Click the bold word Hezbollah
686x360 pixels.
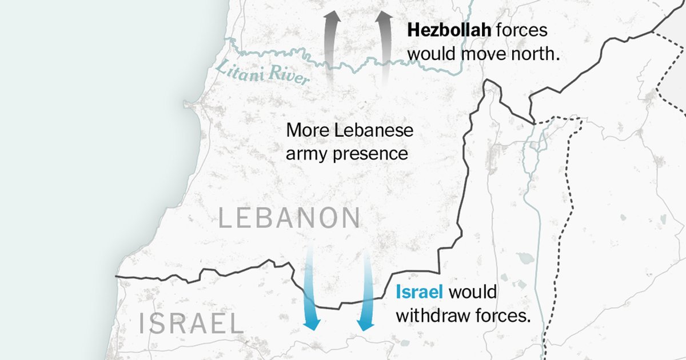point(449,30)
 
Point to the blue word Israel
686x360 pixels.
point(420,293)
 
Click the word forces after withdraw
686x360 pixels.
point(504,315)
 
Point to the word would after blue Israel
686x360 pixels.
point(473,293)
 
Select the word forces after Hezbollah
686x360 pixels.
point(521,30)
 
